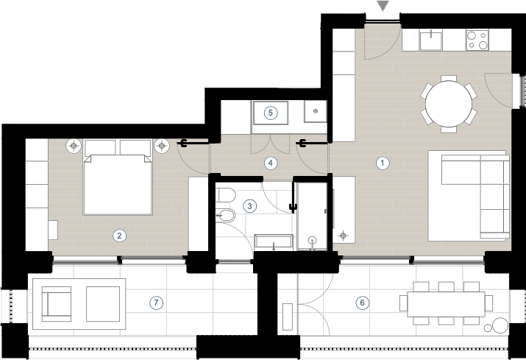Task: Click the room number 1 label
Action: (x=383, y=163)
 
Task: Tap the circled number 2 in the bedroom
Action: (x=119, y=236)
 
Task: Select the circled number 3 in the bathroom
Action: (x=249, y=206)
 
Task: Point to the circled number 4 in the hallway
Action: (x=271, y=163)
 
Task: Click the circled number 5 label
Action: (x=271, y=113)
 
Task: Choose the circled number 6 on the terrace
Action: (x=362, y=303)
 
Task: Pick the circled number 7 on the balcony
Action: (x=156, y=303)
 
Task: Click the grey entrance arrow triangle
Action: (x=383, y=5)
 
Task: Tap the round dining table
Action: (x=449, y=104)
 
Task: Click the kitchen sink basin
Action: (x=430, y=39)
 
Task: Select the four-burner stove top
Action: (x=477, y=40)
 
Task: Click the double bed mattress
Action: (x=118, y=184)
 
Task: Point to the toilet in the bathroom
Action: (x=225, y=195)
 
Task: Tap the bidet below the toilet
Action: (x=225, y=215)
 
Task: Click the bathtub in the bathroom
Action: (x=274, y=242)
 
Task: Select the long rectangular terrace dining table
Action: (x=446, y=304)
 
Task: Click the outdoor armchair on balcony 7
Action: (x=57, y=304)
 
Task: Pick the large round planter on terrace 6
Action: (x=500, y=325)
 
